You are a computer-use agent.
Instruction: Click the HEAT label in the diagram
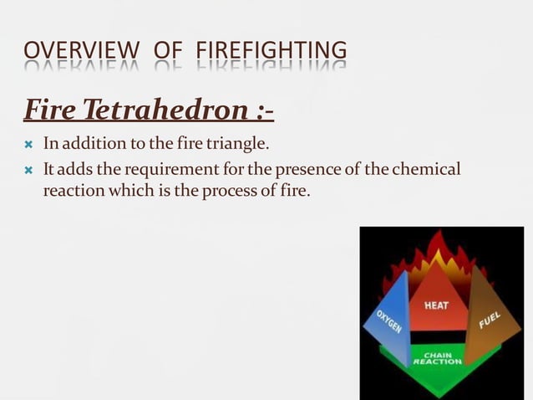(436, 306)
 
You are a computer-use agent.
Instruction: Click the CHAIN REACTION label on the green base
(437, 358)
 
